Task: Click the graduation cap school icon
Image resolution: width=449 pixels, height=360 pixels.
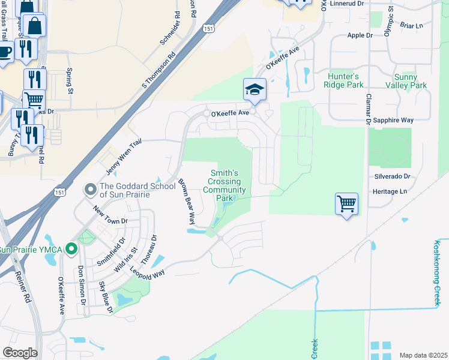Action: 255,90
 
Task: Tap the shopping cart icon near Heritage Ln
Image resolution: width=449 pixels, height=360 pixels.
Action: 347,204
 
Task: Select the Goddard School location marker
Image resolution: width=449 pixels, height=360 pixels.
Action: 91,190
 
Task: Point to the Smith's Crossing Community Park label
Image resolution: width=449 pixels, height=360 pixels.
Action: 225,185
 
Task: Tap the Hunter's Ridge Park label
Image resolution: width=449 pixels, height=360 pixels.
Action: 344,81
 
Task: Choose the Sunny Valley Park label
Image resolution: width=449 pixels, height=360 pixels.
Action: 410,81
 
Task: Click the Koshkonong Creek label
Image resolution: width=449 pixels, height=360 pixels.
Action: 438,273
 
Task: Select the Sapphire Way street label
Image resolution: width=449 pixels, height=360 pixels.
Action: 393,121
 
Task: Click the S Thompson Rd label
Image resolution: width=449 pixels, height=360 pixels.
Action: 158,70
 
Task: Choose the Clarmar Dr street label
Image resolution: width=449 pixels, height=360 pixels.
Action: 368,109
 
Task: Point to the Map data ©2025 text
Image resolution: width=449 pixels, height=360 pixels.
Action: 423,355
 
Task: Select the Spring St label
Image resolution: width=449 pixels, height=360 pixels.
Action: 68,82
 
